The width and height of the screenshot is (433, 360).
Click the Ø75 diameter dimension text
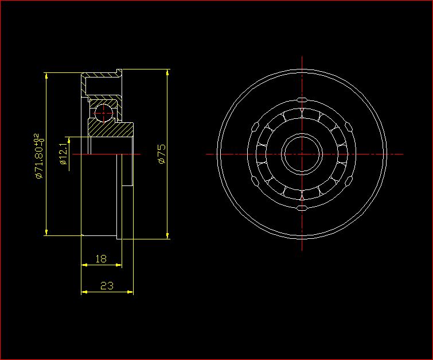click(162, 154)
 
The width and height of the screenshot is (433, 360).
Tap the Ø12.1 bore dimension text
click(63, 154)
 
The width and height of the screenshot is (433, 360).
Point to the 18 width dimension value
click(101, 259)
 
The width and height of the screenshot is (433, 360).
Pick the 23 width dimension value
click(107, 285)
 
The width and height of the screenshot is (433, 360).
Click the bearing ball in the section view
click(104, 113)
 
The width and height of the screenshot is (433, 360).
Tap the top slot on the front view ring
click(302, 100)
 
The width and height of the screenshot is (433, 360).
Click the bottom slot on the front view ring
click(302, 208)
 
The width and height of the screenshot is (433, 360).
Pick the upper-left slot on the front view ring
click(255, 127)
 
